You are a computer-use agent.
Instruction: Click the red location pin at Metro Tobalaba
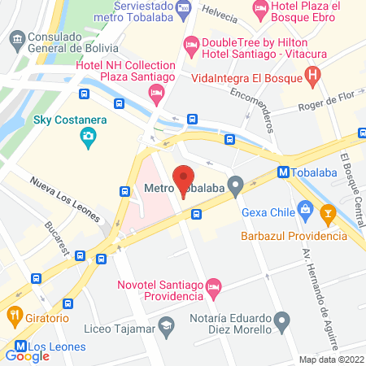(184, 178)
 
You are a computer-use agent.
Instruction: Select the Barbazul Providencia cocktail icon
(328, 216)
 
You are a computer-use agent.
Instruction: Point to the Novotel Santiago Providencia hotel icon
(214, 286)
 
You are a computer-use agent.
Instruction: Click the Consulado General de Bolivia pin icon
(16, 37)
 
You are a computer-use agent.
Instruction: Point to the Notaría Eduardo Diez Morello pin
(282, 319)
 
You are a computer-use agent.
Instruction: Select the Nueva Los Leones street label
(65, 200)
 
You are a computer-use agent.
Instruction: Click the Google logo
(28, 355)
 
